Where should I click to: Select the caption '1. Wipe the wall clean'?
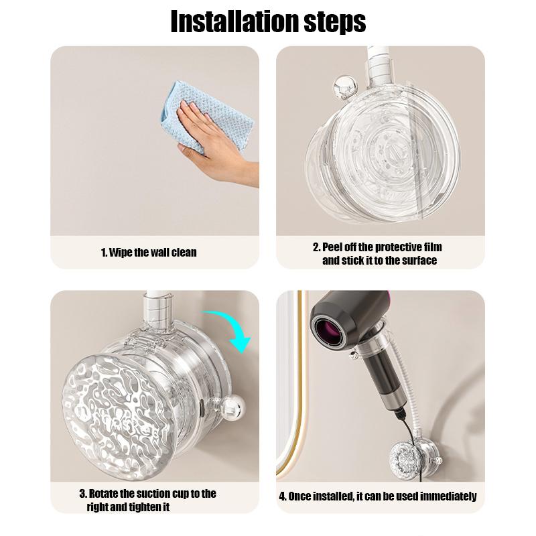click(149, 253)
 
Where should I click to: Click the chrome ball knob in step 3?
click(232, 408)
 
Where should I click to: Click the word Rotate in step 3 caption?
click(103, 494)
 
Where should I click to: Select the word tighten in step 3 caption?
click(143, 507)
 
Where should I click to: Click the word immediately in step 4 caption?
click(448, 496)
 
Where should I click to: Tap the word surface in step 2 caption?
click(419, 261)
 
